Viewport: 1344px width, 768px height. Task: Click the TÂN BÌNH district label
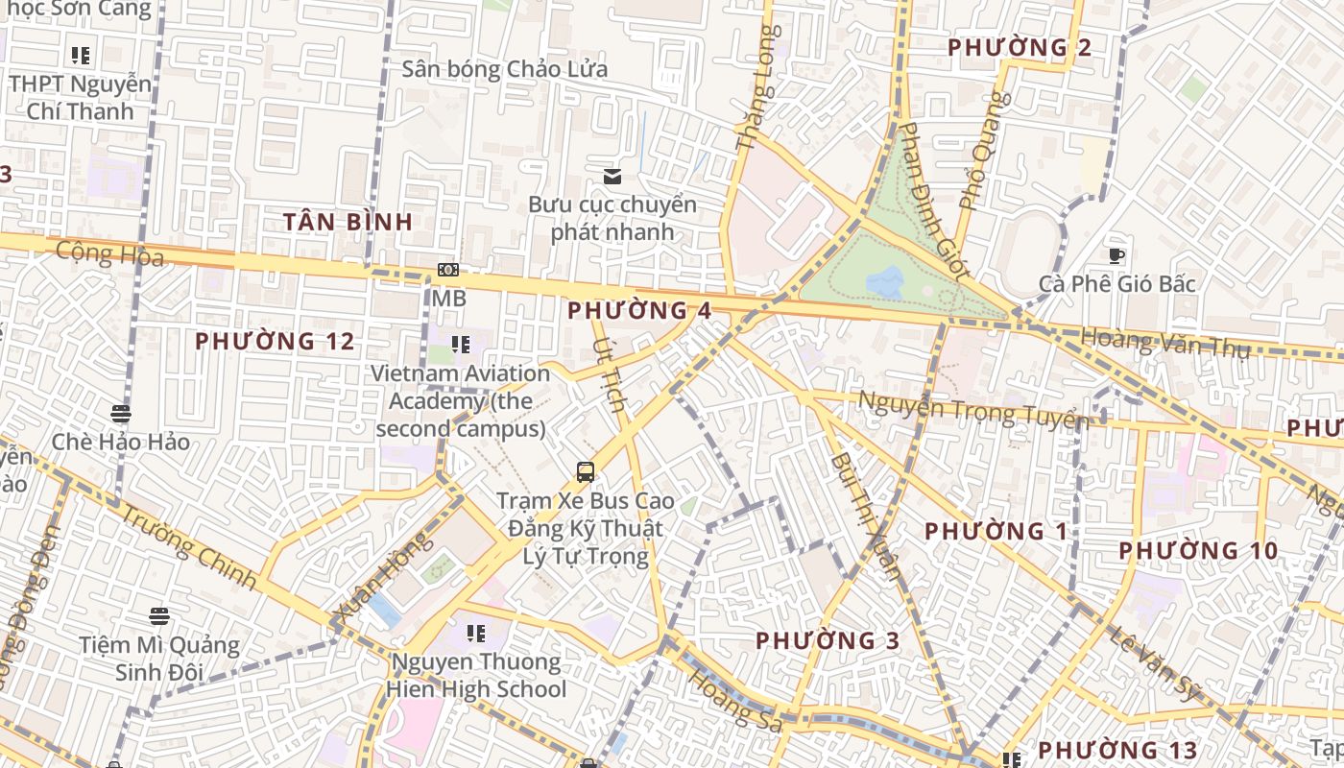click(348, 222)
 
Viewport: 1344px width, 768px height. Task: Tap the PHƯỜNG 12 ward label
click(275, 341)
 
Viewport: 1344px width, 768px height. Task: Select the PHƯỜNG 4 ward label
click(639, 311)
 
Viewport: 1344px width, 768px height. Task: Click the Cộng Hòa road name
click(110, 253)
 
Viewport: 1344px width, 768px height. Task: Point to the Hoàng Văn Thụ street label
click(1165, 342)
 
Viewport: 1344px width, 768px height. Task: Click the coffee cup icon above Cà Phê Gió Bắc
click(1116, 255)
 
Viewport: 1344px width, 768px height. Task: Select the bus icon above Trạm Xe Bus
click(585, 471)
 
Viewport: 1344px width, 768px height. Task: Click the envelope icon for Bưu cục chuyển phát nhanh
click(612, 176)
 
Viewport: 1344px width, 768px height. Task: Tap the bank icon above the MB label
click(448, 270)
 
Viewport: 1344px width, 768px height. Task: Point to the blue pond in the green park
click(885, 282)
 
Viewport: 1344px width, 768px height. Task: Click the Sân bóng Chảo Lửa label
click(505, 69)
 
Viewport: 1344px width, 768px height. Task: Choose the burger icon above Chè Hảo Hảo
click(121, 414)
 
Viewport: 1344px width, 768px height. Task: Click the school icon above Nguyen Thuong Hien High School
click(475, 634)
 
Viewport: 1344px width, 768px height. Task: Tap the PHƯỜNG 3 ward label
click(828, 640)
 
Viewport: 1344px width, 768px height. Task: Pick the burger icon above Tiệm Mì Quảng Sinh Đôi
click(159, 616)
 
